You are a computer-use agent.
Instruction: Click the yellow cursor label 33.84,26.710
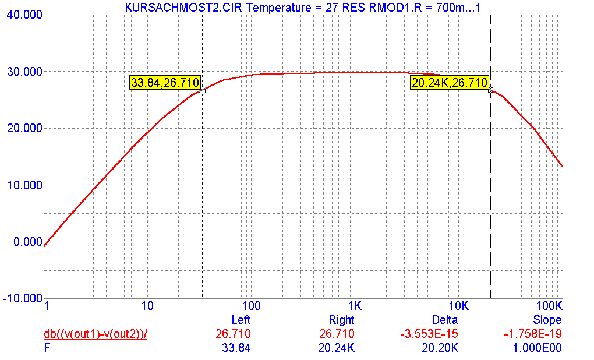(x=165, y=83)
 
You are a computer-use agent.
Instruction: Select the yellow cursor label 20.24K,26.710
(x=449, y=83)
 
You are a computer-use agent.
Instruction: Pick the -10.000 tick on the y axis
(x=23, y=298)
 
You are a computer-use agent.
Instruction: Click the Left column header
(x=241, y=320)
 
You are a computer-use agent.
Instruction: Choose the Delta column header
(x=445, y=320)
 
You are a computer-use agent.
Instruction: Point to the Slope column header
(x=547, y=320)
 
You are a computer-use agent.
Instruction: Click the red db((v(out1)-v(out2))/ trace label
(x=96, y=334)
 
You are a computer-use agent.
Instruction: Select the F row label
(x=47, y=348)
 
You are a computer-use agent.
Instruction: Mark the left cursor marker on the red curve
(x=202, y=90)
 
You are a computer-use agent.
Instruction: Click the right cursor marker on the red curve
(x=491, y=90)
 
